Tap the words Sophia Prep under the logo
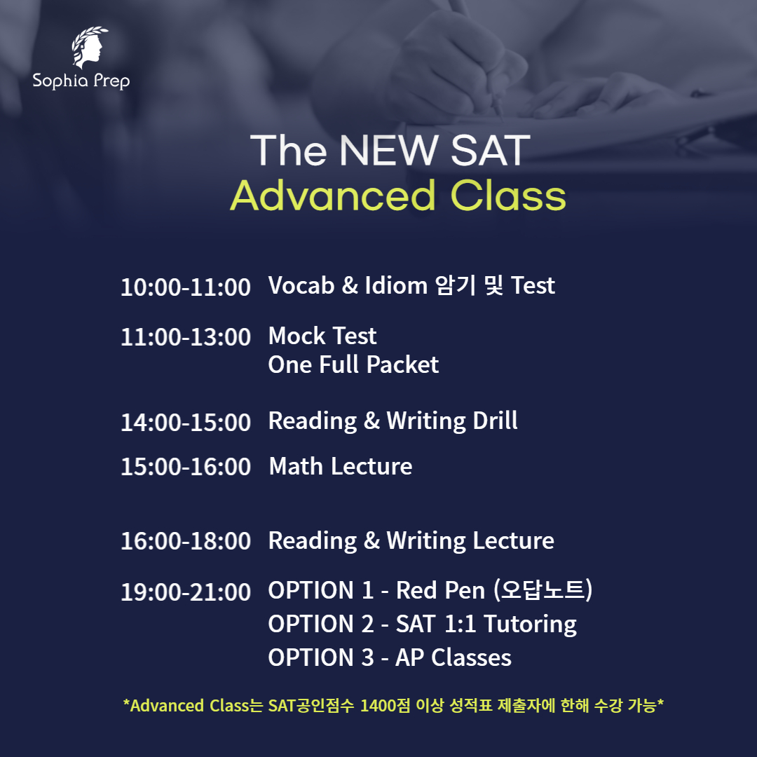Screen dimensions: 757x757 tap(81, 81)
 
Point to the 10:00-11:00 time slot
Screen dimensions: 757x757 tap(185, 287)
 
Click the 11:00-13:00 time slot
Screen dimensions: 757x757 tap(185, 337)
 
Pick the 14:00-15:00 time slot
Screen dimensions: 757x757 tap(185, 422)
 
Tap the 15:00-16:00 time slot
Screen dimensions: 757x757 tap(185, 467)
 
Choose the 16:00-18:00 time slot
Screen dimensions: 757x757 tap(185, 541)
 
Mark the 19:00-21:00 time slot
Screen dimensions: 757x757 tap(185, 592)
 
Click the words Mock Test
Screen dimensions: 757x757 tap(322, 336)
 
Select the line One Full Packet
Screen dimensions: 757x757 tap(353, 365)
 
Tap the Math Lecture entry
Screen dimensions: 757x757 tap(341, 467)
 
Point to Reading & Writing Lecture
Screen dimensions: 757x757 tap(411, 541)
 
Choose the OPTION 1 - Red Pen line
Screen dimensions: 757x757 tap(430, 591)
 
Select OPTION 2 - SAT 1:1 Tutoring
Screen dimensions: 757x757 tap(422, 624)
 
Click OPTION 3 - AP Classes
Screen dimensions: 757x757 tap(390, 657)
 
